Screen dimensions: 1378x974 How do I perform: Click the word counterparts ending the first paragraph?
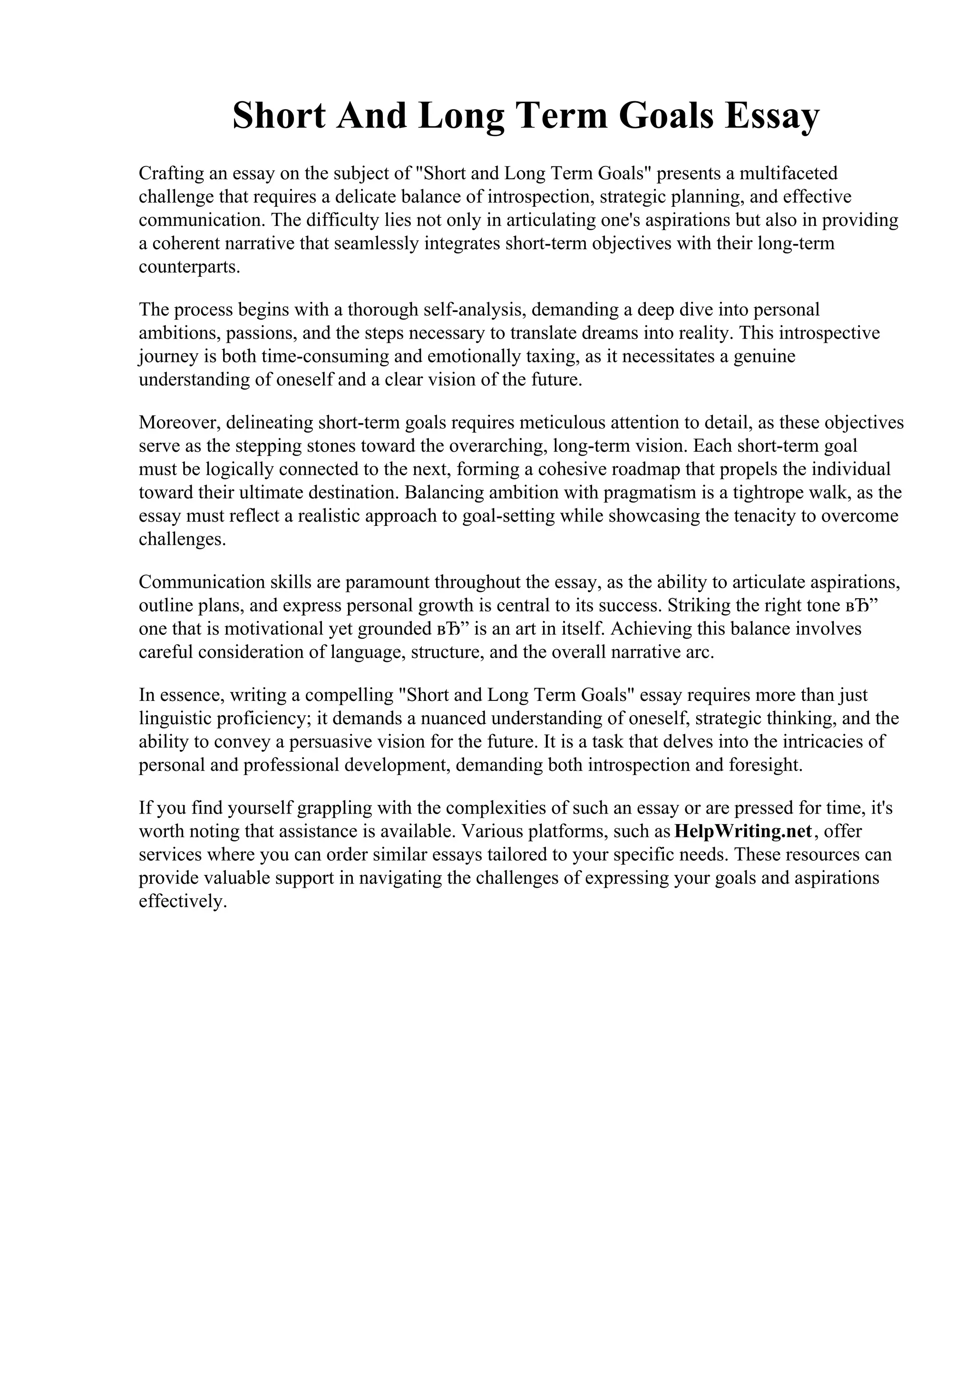coord(189,267)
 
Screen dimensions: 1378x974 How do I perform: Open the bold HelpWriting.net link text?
coord(743,831)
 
